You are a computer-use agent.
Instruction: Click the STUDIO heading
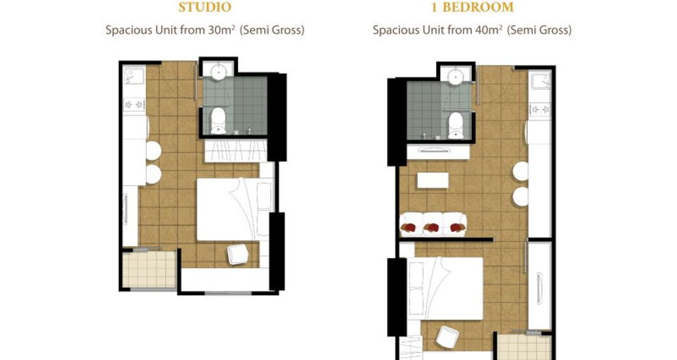tap(205, 7)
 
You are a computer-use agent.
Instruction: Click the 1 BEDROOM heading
tap(472, 7)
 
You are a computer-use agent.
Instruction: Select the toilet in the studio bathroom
tap(218, 120)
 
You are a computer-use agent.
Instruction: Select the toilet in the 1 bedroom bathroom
tap(456, 125)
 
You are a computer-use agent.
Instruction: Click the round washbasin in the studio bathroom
tap(219, 71)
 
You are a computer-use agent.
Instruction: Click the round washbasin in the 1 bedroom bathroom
tap(456, 76)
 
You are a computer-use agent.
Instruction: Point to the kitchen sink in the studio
tap(134, 76)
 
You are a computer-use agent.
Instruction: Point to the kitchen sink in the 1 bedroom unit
tap(541, 81)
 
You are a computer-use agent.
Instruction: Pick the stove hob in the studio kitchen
tap(134, 105)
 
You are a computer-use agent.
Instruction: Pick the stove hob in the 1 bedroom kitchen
tap(540, 109)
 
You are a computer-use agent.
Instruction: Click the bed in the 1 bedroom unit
tap(445, 289)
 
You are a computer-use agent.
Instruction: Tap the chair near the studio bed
tap(238, 254)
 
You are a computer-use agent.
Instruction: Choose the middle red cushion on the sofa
tap(433, 227)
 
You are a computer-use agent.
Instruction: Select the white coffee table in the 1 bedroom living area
tap(433, 180)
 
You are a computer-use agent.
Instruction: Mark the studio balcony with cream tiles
tap(149, 269)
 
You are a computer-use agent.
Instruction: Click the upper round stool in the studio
tap(153, 150)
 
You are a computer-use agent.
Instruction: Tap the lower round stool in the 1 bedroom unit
tap(521, 197)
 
